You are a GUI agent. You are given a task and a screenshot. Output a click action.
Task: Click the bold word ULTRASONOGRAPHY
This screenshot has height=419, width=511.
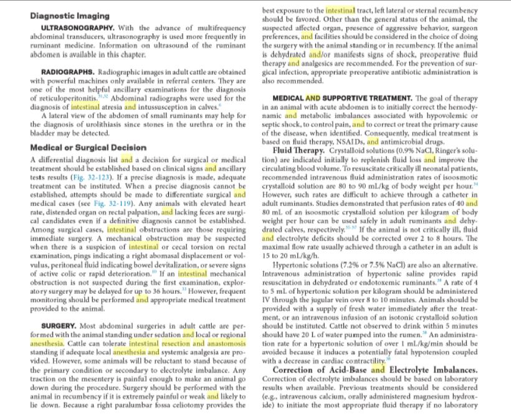(x=77, y=28)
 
